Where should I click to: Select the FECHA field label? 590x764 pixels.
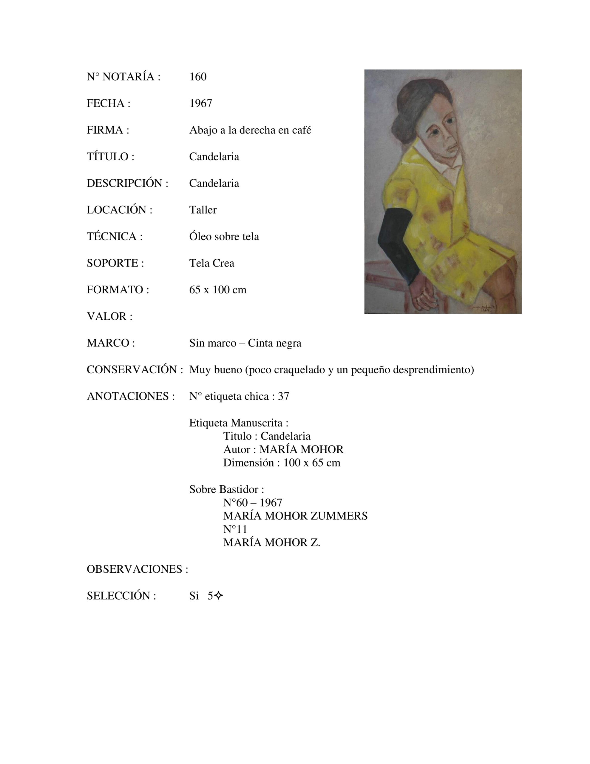coord(108,104)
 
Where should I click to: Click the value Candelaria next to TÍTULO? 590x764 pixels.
coord(214,157)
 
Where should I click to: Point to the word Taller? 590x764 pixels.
coord(203,210)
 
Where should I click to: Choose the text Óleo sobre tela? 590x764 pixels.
coord(224,236)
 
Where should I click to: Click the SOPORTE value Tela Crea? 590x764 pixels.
coord(211,263)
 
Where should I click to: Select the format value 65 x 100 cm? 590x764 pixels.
coord(217,290)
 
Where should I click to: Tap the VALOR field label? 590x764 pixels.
coord(109,316)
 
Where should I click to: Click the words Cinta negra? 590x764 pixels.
coord(274,343)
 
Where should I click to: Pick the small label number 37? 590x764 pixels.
coord(283,396)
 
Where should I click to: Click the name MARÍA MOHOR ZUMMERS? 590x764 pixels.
coord(295,516)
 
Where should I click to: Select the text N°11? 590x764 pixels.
coord(235,529)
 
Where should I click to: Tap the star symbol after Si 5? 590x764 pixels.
coord(219,596)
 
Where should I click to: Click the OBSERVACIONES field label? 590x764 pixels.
coord(137,569)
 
